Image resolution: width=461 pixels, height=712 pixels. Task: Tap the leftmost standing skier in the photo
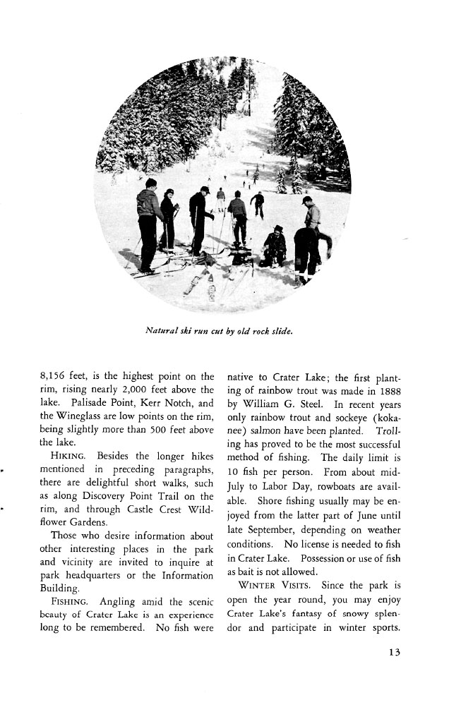[148, 222]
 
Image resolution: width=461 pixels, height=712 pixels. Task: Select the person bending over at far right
[308, 251]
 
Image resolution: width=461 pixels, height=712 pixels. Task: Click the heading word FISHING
[68, 602]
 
